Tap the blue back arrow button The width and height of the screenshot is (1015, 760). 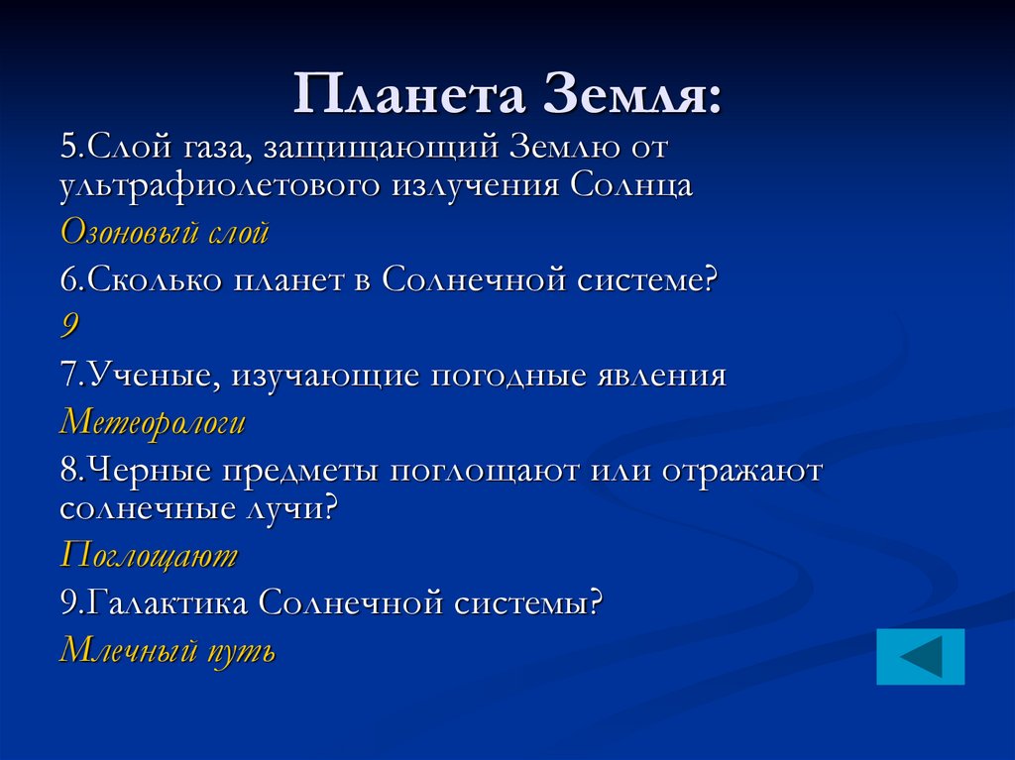[x=920, y=656]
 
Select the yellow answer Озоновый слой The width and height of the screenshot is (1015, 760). [x=165, y=233]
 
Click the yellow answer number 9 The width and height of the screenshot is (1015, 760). [x=69, y=327]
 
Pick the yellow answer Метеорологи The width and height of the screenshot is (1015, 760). [x=153, y=423]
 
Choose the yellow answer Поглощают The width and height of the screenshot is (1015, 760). [x=149, y=555]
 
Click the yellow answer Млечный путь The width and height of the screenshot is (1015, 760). [x=168, y=650]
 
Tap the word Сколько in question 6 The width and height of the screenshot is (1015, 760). [x=154, y=280]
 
